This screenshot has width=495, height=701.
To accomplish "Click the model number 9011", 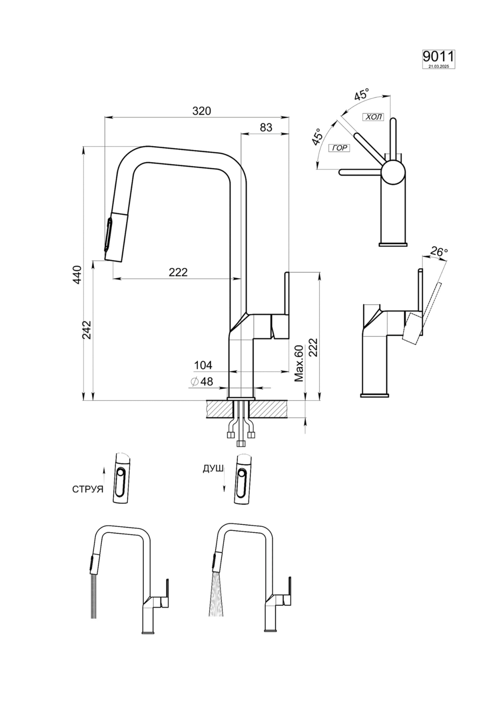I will pos(438,57).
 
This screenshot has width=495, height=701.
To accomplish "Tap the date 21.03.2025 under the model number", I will pos(438,66).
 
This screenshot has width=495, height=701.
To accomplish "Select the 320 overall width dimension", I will pos(202,111).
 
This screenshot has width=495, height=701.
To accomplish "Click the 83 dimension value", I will pos(266,127).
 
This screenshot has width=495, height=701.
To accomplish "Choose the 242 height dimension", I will pos(87,330).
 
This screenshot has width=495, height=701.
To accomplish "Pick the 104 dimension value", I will pos(203,365).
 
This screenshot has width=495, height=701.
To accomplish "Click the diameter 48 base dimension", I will pos(202,381).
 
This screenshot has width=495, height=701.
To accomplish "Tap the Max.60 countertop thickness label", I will pos(299,364).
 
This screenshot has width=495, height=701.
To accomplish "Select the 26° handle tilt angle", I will pos(438,251).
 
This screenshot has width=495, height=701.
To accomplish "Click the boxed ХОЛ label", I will pos(373,117).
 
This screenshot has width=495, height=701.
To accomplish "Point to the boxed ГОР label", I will pos(339,148).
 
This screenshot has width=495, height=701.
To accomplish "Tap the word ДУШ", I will pos(212,469).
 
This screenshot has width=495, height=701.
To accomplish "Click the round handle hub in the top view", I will pos(392,172).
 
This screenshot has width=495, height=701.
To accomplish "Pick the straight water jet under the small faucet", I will pos(95,596).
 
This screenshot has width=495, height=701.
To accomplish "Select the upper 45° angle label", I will pos(361,95).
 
